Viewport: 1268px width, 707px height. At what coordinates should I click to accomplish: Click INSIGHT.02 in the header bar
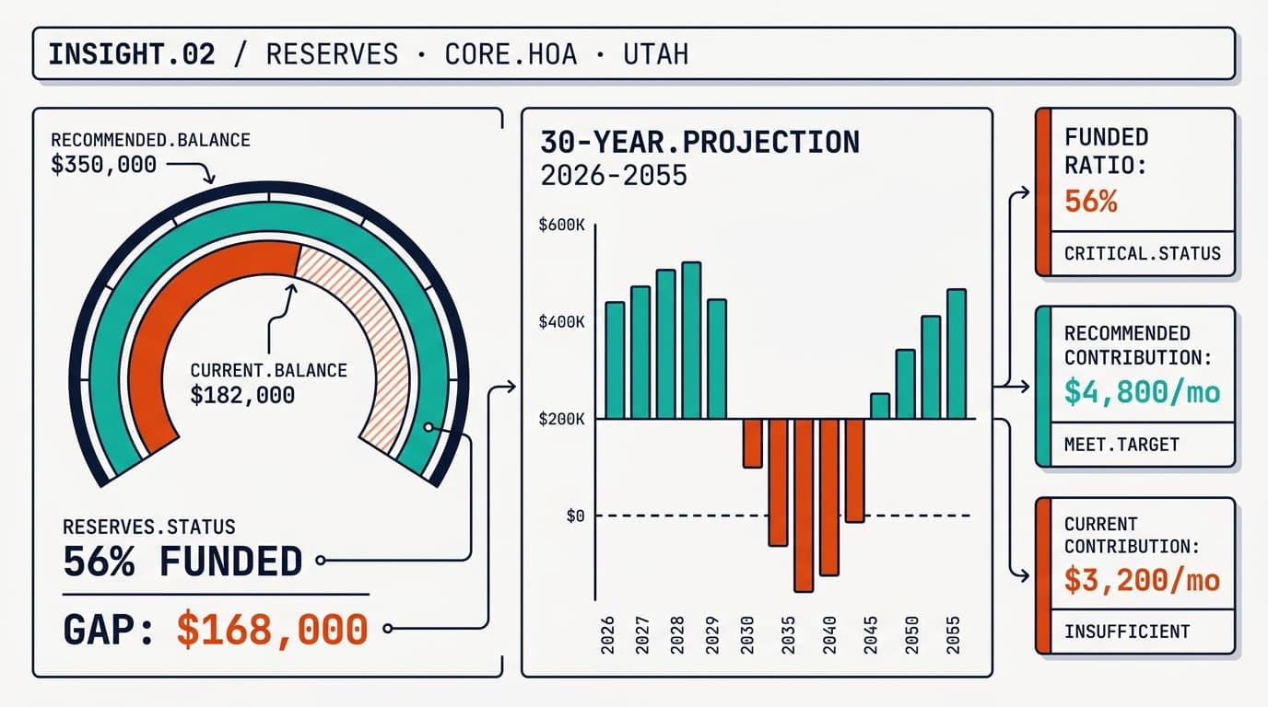coord(131,54)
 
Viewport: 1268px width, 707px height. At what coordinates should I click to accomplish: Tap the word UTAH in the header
coord(655,54)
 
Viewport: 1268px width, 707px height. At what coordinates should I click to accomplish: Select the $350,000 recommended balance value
coord(103,165)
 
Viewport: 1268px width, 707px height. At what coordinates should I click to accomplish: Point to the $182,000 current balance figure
coord(242,395)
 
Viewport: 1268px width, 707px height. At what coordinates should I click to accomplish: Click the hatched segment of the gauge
coord(369,341)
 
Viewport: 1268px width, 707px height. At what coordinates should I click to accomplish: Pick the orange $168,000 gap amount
coord(272,630)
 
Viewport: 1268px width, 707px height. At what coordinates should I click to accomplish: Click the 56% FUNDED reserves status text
coord(182,561)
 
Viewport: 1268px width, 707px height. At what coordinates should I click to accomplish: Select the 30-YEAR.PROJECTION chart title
coord(699,142)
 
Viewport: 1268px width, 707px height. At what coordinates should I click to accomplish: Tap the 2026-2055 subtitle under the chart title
coord(614,175)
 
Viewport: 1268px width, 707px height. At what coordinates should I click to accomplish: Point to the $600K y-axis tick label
coord(561,225)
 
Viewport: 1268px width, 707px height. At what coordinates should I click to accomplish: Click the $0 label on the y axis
coord(575,516)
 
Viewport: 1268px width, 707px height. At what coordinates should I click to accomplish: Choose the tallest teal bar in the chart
coord(690,341)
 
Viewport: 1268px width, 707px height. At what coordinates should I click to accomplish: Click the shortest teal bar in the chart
coord(880,406)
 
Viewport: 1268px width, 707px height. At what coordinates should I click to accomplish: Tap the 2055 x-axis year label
coord(954,634)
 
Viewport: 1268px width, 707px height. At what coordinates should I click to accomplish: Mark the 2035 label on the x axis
coord(787,634)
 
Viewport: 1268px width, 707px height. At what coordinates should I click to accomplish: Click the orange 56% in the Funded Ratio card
coord(1090,201)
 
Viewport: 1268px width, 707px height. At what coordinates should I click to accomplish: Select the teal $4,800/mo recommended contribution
coord(1142,393)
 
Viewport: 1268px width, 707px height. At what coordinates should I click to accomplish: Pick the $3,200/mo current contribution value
coord(1142,581)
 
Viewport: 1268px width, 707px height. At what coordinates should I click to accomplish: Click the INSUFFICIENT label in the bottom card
coord(1127,632)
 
